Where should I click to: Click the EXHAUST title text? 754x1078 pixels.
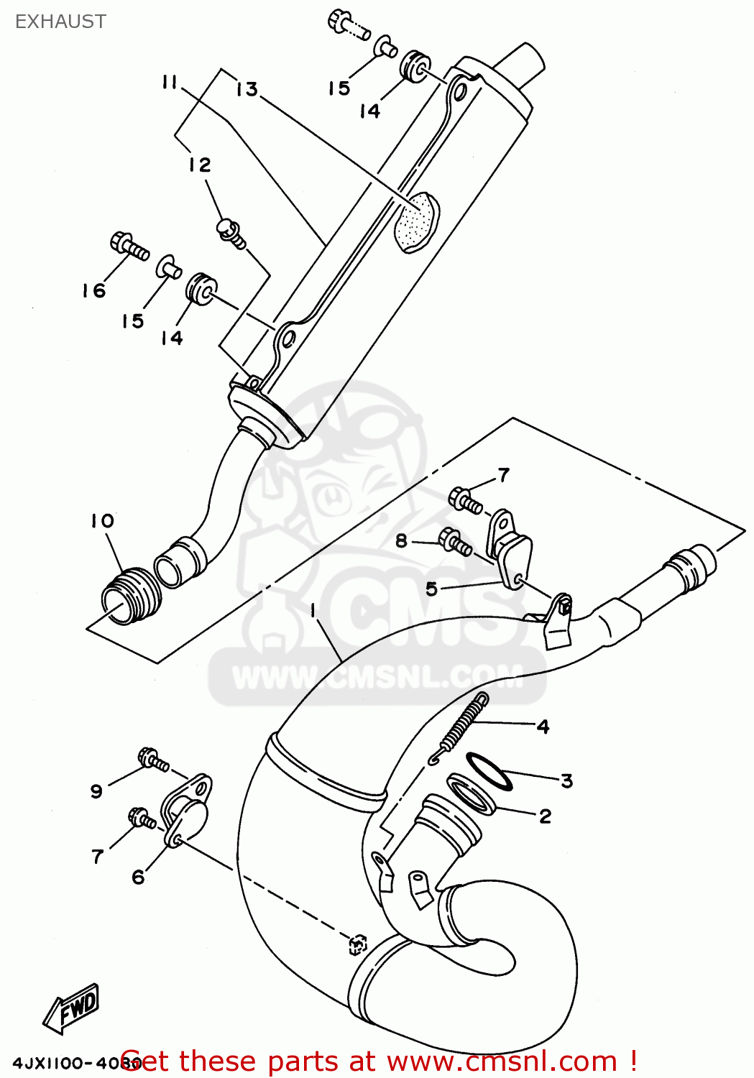click(x=60, y=22)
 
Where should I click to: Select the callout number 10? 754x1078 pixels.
click(x=102, y=521)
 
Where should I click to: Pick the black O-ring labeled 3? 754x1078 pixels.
click(x=489, y=771)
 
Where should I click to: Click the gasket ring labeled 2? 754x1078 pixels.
click(x=471, y=794)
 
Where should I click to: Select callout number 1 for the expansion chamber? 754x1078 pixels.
click(x=313, y=610)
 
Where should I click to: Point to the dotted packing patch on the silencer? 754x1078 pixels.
click(x=416, y=221)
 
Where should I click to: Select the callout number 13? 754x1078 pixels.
click(x=247, y=89)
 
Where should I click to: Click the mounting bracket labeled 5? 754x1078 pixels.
click(x=512, y=550)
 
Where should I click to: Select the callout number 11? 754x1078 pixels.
click(x=170, y=83)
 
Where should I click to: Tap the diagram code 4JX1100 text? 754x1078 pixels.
click(x=65, y=1062)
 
